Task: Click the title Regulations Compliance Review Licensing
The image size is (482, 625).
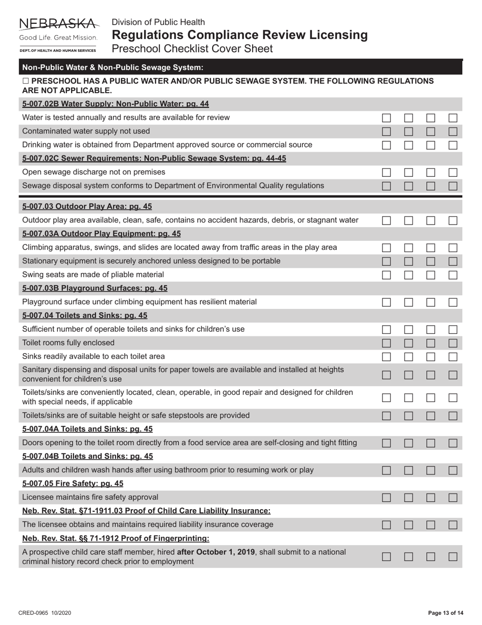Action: pyautogui.click(x=239, y=35)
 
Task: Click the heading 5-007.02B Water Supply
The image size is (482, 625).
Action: pyautogui.click(x=116, y=104)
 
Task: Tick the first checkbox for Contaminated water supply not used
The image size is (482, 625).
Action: pyautogui.click(x=387, y=131)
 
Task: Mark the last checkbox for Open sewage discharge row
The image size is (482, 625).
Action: pyautogui.click(x=453, y=172)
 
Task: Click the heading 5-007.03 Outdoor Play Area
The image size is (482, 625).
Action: pyautogui.click(x=87, y=206)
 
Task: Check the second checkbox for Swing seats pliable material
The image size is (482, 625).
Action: pyautogui.click(x=408, y=274)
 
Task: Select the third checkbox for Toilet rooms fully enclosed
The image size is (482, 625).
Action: pyautogui.click(x=431, y=343)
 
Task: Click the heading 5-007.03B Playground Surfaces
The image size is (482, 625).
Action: pyautogui.click(x=95, y=288)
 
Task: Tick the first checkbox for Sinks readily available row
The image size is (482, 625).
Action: pyautogui.click(x=387, y=356)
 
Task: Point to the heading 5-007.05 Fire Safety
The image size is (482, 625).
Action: pyautogui.click(x=73, y=483)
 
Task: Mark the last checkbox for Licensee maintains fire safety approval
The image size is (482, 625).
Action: pyautogui.click(x=453, y=497)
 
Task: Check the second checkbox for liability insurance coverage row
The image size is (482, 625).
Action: pyautogui.click(x=408, y=524)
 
